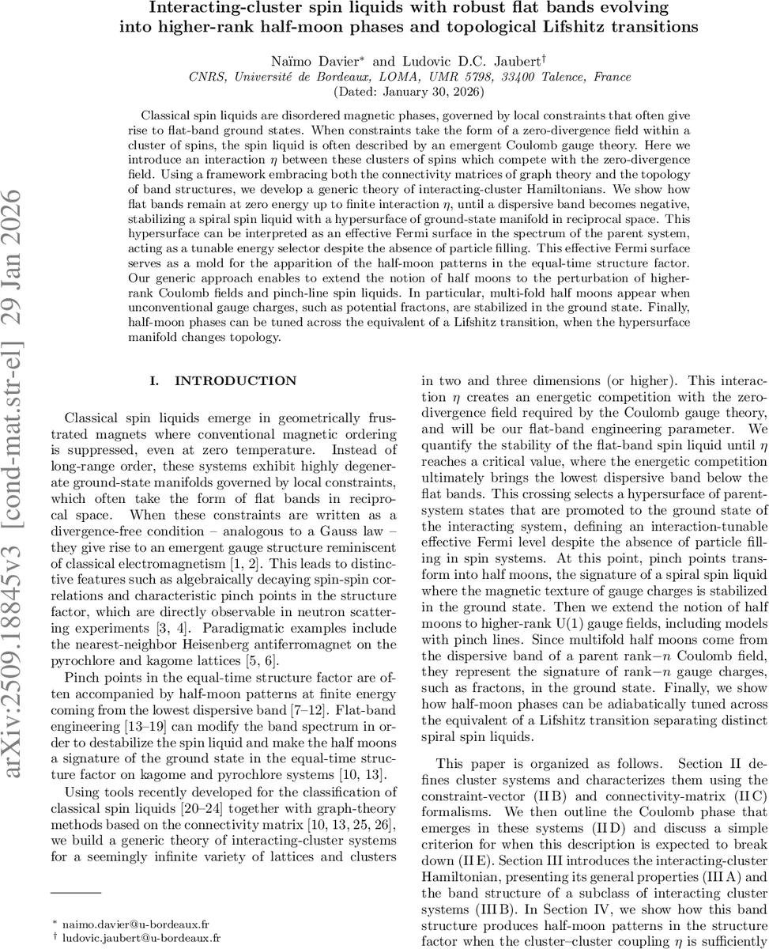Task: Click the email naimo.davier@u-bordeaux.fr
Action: click(142, 923)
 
